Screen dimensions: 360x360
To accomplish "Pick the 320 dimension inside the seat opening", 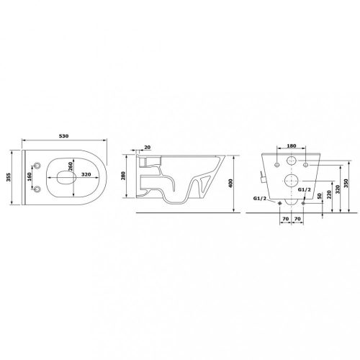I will (x=86, y=174).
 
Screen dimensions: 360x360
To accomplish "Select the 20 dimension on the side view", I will (x=148, y=148).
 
